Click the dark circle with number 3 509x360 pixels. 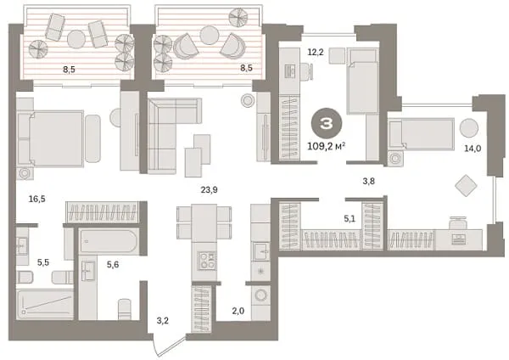[x=327, y=123]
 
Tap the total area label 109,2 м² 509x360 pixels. [x=326, y=146]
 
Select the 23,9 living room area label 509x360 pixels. [x=209, y=190]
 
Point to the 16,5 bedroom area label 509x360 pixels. [x=37, y=199]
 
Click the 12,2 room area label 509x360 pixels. [x=316, y=52]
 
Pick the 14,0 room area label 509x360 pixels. [x=473, y=149]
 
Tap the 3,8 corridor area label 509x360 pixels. [x=368, y=181]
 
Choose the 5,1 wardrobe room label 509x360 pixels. [x=350, y=219]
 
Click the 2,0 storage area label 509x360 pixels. [x=238, y=312]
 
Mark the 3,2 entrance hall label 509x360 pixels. [x=163, y=321]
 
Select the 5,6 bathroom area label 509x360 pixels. [x=113, y=265]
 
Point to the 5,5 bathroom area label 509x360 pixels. [x=43, y=262]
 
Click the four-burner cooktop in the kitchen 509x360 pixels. [x=207, y=261]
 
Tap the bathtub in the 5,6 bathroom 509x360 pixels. [x=109, y=241]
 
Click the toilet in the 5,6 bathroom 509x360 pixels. [x=125, y=309]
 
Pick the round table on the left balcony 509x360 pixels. [x=76, y=39]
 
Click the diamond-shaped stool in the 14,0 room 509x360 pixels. [x=466, y=186]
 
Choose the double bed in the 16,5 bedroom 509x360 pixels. [x=51, y=138]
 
